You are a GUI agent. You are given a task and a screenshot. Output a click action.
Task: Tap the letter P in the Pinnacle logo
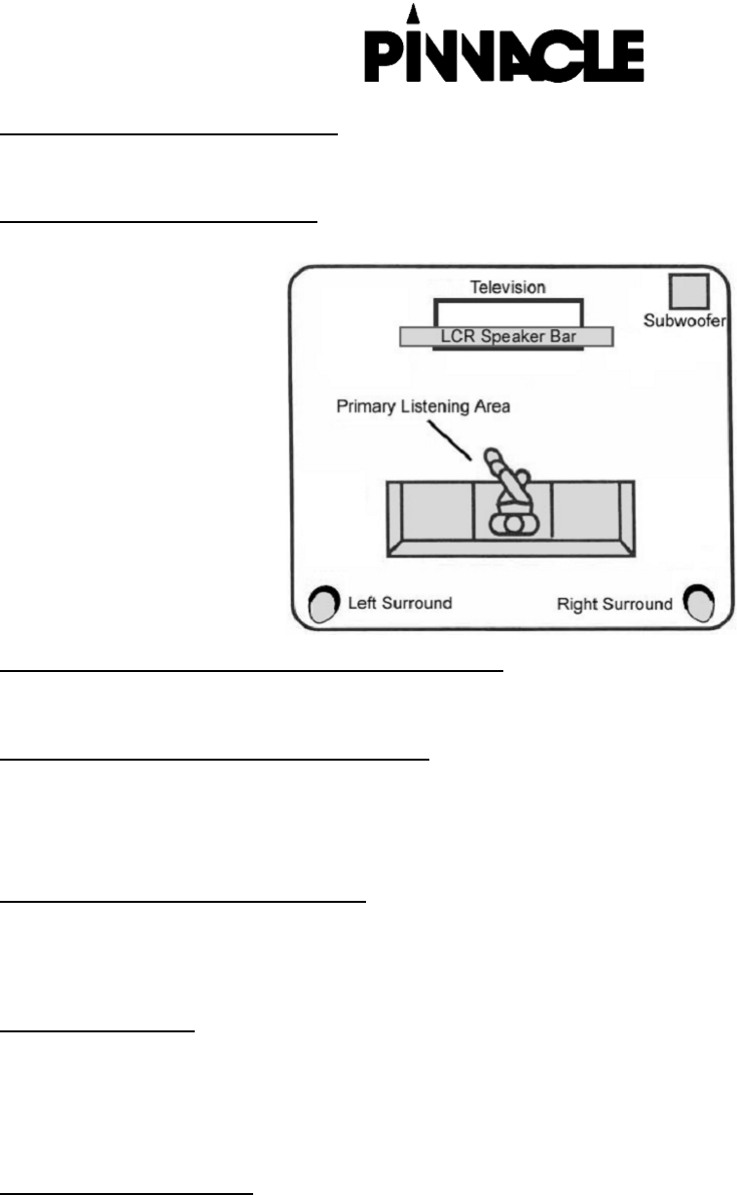(x=382, y=57)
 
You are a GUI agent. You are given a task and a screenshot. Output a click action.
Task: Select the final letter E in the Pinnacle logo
(x=627, y=57)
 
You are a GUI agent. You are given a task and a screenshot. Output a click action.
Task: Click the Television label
(x=507, y=287)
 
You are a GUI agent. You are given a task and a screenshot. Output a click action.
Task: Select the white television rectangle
(x=507, y=314)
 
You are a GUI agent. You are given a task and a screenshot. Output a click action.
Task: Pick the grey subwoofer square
(x=688, y=290)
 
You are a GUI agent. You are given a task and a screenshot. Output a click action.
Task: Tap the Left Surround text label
(x=400, y=603)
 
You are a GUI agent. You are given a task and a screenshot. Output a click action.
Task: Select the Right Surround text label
(x=614, y=604)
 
